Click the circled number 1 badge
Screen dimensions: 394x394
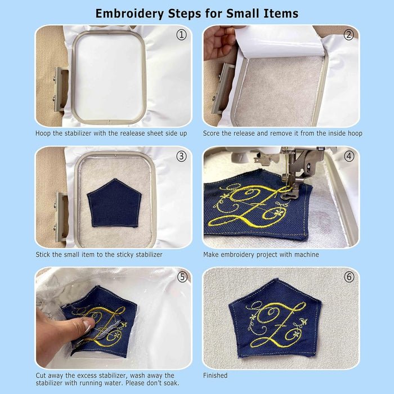click(x=181, y=35)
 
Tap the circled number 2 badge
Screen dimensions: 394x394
click(x=349, y=35)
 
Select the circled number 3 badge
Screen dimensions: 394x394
click(x=181, y=156)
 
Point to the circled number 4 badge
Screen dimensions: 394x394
click(x=349, y=156)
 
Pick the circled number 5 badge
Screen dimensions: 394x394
click(x=182, y=277)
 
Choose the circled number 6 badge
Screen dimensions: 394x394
click(x=349, y=277)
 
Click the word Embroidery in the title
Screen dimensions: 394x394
click(x=129, y=14)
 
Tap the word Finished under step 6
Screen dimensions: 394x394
click(x=216, y=375)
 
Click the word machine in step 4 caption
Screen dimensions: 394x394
click(x=307, y=254)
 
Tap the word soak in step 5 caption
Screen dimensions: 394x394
click(x=171, y=383)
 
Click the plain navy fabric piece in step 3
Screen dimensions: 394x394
click(x=114, y=203)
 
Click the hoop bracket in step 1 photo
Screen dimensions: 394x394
click(x=61, y=89)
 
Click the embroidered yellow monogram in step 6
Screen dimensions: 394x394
click(x=276, y=325)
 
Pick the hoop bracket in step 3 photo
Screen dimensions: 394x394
click(x=61, y=216)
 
